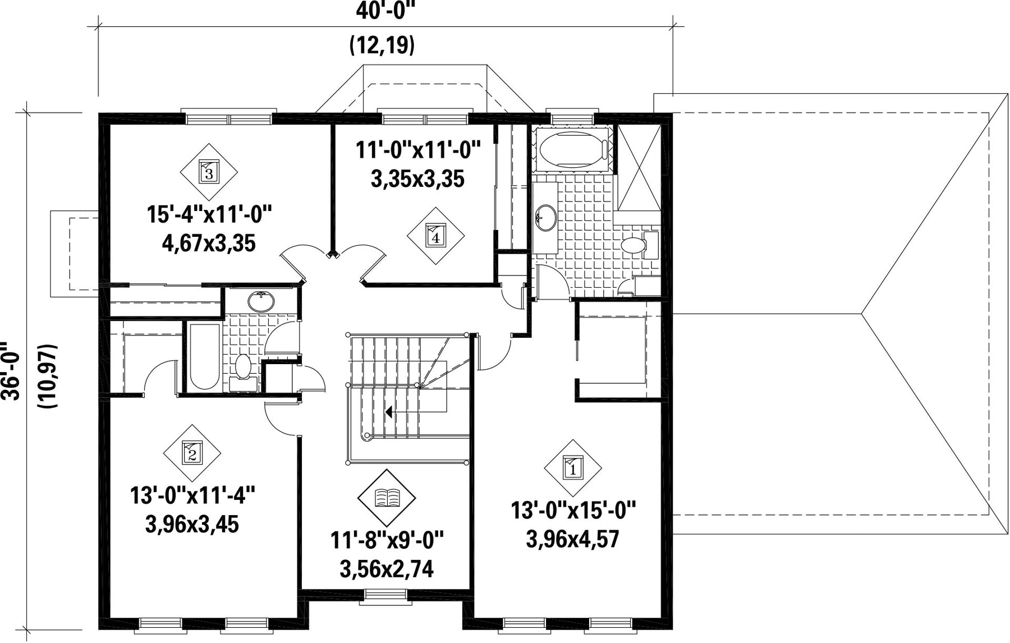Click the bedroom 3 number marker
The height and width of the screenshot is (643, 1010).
209,171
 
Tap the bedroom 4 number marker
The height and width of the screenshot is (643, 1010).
436,236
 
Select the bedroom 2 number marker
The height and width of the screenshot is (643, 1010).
192,452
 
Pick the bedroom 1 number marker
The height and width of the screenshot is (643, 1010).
573,467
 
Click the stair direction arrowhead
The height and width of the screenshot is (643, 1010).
388,412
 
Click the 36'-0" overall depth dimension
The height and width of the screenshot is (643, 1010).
11,371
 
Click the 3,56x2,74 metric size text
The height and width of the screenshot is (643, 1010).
387,570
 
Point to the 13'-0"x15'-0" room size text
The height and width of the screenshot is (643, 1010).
573,511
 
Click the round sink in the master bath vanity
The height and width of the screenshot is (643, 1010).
545,216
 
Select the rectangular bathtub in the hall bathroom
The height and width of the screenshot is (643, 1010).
204,356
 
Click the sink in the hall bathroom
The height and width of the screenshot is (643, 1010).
261,302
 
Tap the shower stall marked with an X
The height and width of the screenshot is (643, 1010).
638,166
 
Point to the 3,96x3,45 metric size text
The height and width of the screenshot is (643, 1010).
192,525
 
